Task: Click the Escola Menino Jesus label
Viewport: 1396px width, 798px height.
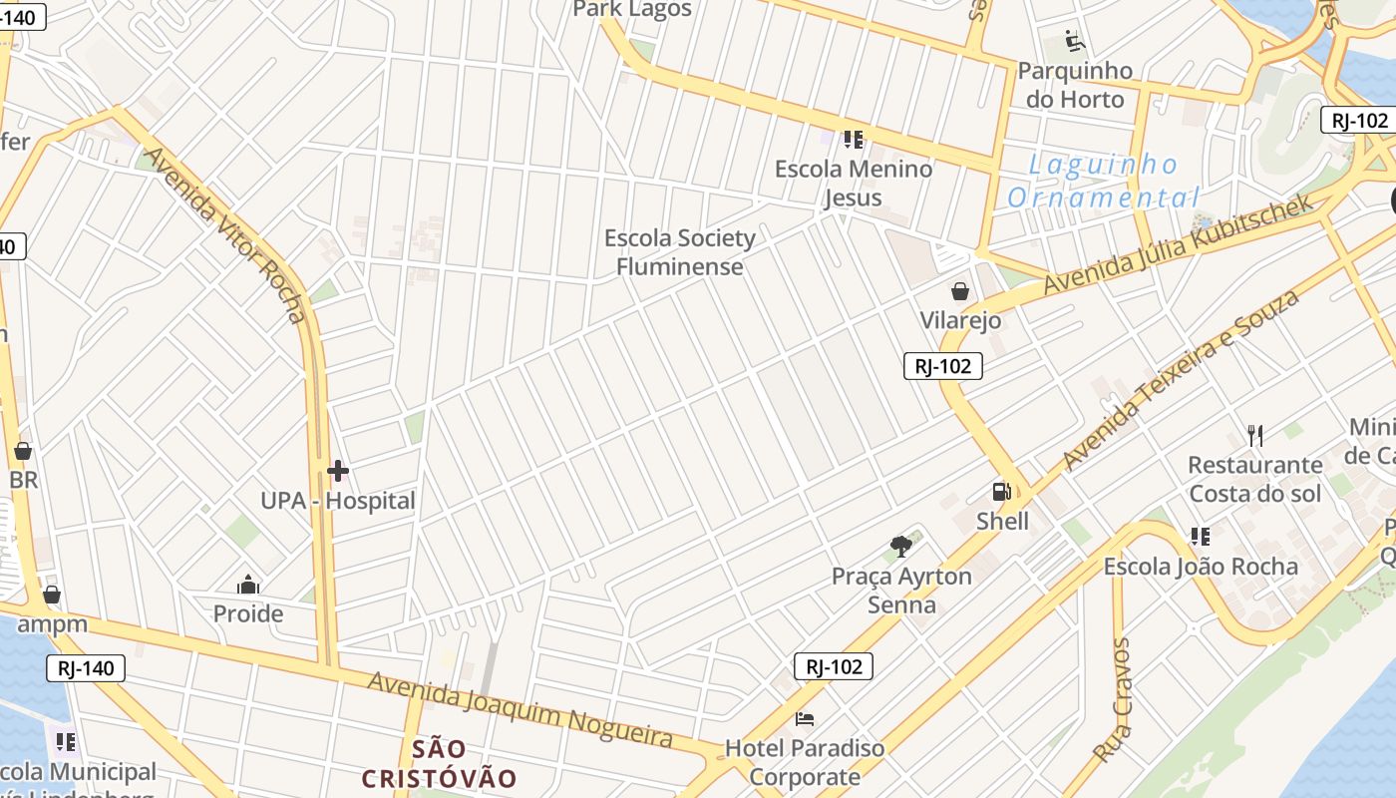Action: coord(854,183)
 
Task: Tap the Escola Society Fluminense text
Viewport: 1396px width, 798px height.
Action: coord(680,252)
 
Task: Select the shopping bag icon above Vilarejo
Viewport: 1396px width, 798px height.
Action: coord(960,291)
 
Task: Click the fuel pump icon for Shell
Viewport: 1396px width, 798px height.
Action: coord(1001,491)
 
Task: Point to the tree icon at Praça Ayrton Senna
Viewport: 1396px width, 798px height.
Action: coord(901,547)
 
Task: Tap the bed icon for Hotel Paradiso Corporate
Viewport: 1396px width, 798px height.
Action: coord(805,718)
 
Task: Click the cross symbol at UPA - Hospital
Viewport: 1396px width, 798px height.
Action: coord(338,471)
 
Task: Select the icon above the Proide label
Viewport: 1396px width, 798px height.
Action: coord(248,585)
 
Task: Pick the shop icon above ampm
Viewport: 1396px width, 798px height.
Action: coord(52,596)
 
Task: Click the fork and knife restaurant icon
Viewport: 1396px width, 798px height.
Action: coord(1255,435)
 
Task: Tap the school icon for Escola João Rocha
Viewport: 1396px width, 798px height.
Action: coord(1201,537)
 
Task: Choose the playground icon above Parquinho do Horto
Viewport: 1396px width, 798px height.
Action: coord(1075,41)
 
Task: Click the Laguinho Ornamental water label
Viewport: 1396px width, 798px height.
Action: coord(1102,181)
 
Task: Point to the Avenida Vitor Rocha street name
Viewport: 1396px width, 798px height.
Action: coord(224,235)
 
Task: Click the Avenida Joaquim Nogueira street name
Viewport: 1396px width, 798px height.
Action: coord(521,708)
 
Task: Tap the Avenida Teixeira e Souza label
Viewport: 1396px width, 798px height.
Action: coord(1181,379)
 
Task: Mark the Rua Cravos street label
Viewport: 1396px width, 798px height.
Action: coord(1111,700)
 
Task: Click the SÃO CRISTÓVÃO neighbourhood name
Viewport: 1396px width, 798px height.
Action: coord(439,764)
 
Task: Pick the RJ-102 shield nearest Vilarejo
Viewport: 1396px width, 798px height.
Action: coord(943,366)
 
